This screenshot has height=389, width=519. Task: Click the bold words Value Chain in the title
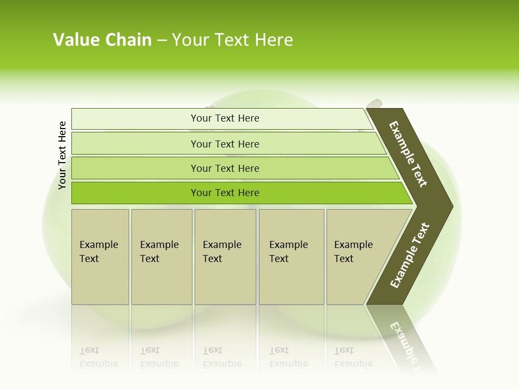coord(102,40)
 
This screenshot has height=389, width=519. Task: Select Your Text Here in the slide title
coord(232,40)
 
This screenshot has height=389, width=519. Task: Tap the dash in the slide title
coord(161,41)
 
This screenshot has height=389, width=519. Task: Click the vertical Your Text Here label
coord(62,156)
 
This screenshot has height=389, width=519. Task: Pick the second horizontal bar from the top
coord(224,144)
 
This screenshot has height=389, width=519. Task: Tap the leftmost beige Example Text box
coord(100,256)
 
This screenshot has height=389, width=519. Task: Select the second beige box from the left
coord(161,256)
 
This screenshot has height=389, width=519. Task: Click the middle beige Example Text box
coord(225,256)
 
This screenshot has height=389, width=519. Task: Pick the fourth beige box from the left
coord(291,256)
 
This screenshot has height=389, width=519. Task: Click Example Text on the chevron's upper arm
coord(408,154)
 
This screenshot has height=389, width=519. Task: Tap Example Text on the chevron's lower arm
coord(410,256)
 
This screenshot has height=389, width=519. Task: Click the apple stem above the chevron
coord(374,103)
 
